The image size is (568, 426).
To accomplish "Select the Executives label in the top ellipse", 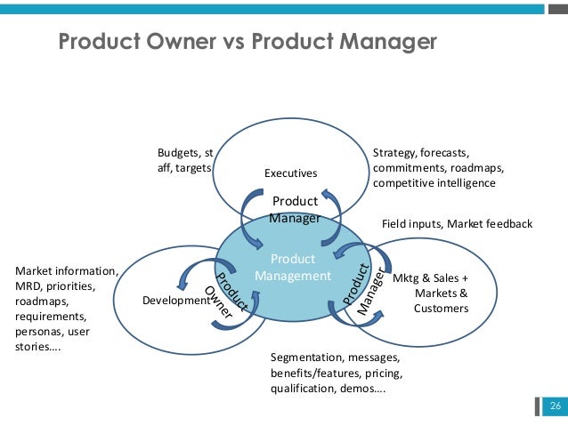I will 290,172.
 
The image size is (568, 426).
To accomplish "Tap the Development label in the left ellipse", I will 174,301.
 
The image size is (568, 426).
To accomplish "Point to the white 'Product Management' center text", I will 293,268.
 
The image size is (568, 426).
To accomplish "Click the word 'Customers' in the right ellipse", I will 440,309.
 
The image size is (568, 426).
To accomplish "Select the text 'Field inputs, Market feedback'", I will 457,224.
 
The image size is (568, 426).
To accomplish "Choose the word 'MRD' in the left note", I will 30,286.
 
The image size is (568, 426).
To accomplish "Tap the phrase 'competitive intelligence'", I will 434,184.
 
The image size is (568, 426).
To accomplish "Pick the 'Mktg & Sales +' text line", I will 429,277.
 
